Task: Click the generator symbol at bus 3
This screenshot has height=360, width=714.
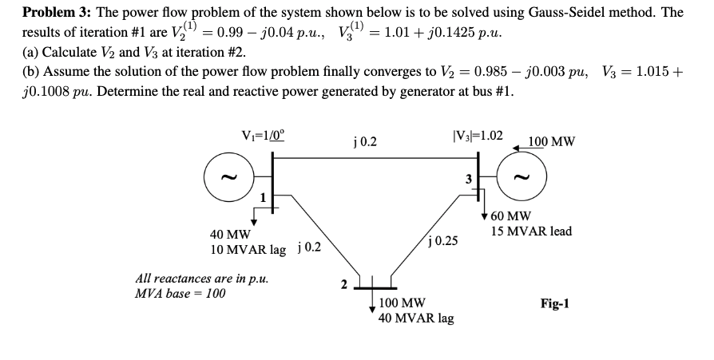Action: click(x=525, y=176)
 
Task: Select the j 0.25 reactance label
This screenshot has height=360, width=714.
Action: click(x=444, y=239)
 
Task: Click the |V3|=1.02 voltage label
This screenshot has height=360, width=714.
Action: click(x=478, y=135)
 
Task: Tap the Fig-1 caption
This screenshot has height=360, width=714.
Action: click(x=554, y=303)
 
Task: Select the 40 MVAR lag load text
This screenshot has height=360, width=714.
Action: click(x=416, y=318)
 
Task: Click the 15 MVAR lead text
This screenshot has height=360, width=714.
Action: click(x=531, y=231)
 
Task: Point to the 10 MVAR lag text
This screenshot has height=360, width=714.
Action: click(x=248, y=249)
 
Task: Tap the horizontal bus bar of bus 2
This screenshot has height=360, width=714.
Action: click(x=375, y=287)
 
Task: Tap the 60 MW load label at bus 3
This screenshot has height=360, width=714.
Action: click(x=510, y=216)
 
